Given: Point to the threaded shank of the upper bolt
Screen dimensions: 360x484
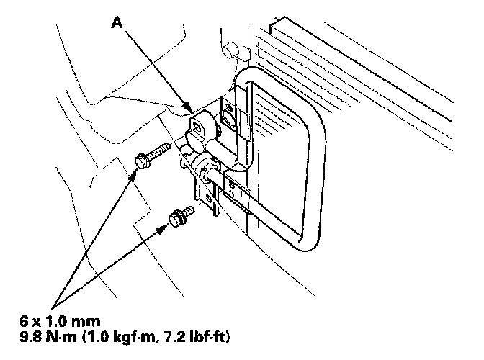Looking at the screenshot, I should (160, 151).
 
